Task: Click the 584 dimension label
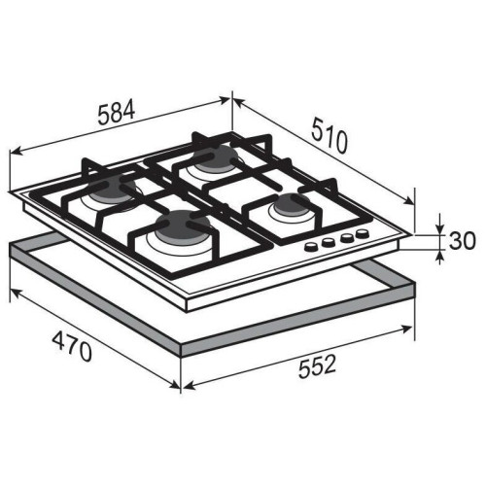(117, 113)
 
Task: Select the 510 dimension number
(330, 136)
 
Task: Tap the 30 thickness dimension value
(463, 241)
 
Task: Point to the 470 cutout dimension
(72, 347)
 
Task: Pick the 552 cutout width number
(318, 366)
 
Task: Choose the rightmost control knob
(362, 233)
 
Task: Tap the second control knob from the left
(328, 243)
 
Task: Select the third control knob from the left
(347, 238)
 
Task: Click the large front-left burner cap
(183, 224)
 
